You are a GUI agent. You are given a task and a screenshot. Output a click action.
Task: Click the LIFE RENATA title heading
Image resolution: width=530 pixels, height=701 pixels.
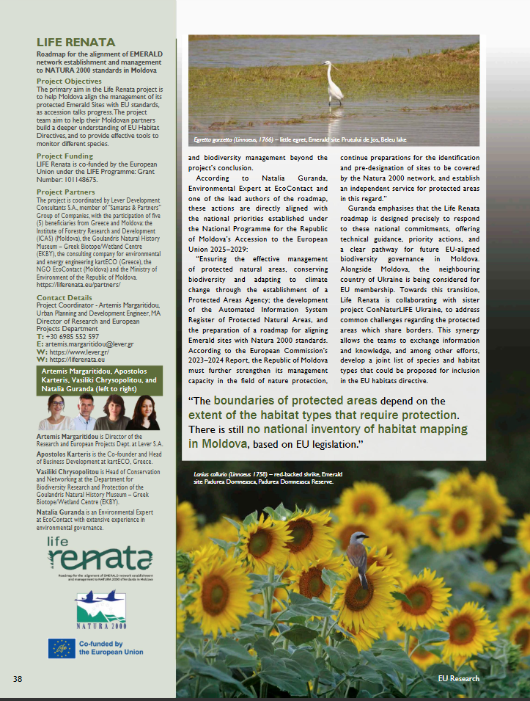click(x=76, y=43)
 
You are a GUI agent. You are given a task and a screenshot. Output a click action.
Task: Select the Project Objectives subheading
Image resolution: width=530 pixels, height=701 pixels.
click(x=69, y=81)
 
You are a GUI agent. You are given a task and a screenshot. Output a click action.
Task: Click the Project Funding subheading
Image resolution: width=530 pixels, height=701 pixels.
click(x=65, y=156)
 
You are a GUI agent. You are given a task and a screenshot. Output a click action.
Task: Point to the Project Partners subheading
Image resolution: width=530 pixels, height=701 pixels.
click(x=66, y=192)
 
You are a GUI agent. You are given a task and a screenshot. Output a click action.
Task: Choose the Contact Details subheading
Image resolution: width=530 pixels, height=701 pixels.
click(x=65, y=298)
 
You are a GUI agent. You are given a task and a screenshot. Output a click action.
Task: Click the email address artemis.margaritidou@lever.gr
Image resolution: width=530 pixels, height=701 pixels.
click(x=92, y=344)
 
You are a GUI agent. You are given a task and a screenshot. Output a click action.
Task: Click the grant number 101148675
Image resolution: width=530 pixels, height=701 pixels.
click(x=80, y=179)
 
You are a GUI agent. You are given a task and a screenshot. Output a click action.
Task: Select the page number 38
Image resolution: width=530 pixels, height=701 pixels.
click(x=18, y=679)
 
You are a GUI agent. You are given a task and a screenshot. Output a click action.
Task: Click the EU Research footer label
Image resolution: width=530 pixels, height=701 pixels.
click(x=459, y=679)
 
